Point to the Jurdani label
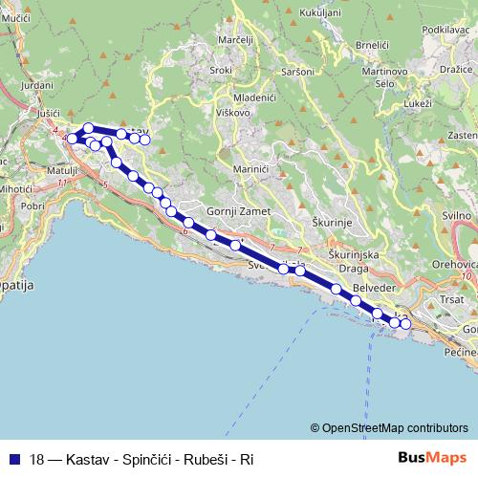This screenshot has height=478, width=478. click(36, 85)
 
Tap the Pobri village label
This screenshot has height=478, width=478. click(33, 205)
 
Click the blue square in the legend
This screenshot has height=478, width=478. click(13, 459)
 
